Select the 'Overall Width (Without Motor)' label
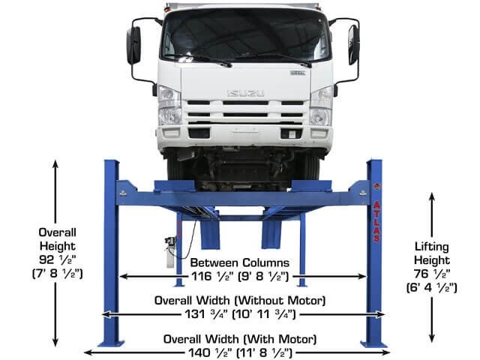pos(240,300)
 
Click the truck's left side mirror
pos(133,45)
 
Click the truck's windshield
pos(244,34)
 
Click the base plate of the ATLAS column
pos(373,343)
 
